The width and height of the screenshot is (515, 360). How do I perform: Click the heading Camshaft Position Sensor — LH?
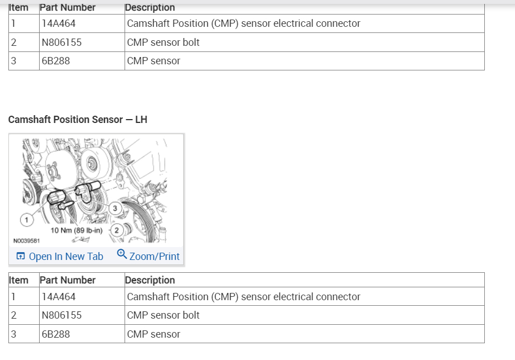point(78,120)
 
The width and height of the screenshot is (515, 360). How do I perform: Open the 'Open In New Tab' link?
point(65,257)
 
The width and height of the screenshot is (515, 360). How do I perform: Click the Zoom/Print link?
point(154,257)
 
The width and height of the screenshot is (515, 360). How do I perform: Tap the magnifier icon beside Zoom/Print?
point(122,255)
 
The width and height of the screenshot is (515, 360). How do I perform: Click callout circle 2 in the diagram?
point(117,230)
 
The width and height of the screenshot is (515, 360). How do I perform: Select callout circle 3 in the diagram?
point(115,209)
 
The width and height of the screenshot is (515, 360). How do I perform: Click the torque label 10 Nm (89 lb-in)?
point(77,230)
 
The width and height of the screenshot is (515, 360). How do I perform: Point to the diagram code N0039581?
point(26,241)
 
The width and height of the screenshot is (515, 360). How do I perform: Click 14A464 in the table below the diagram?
point(59,297)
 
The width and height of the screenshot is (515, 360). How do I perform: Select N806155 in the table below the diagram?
point(61,315)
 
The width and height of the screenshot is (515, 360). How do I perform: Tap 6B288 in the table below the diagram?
point(56,334)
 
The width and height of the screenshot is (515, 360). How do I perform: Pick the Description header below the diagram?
point(150,280)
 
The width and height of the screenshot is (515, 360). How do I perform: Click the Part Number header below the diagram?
point(68,280)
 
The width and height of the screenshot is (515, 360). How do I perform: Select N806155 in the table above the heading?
point(61,42)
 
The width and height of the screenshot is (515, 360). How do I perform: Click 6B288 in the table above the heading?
point(56,61)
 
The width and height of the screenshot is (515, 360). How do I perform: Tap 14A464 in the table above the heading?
point(59,23)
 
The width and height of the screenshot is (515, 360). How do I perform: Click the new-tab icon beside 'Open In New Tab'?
point(21,257)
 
